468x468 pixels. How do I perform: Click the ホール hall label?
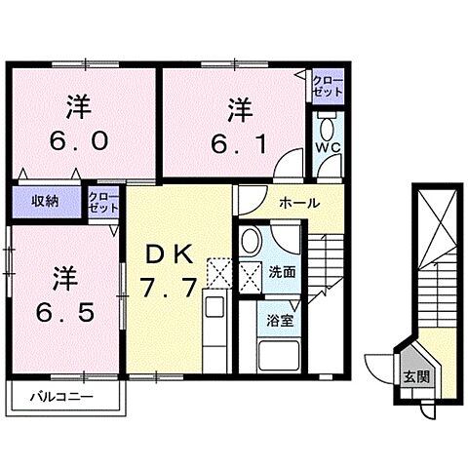pyautogui.click(x=295, y=202)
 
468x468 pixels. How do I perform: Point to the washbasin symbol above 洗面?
pyautogui.click(x=252, y=241)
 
